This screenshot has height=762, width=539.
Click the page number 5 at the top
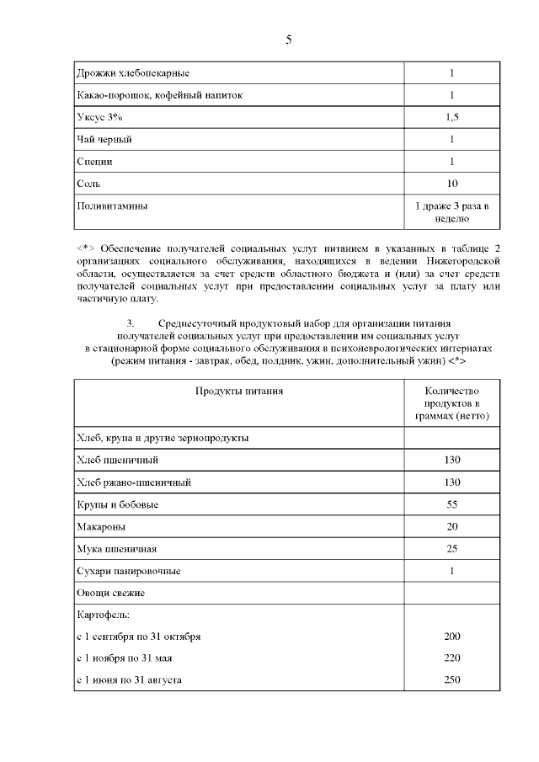coord(288,40)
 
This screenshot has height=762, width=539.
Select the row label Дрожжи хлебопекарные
coord(132,73)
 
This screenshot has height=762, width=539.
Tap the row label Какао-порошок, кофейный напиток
coord(159,95)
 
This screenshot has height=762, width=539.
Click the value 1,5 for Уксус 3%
coord(451,117)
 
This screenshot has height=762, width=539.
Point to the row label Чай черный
coord(104,139)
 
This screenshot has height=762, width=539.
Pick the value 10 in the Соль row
coord(451,183)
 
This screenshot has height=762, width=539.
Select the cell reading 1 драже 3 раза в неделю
coord(451,211)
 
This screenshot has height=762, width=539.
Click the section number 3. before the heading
coord(131,323)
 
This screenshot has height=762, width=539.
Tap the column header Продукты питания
coord(239,391)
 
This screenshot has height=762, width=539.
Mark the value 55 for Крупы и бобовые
coord(451,504)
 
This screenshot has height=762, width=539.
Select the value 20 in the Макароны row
coord(451,526)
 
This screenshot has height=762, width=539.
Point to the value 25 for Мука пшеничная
coord(451,549)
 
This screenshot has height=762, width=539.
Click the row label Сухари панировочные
coord(128,571)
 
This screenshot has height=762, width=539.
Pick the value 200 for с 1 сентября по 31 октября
coord(451,636)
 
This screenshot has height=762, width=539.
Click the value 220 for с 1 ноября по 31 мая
coord(451,658)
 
